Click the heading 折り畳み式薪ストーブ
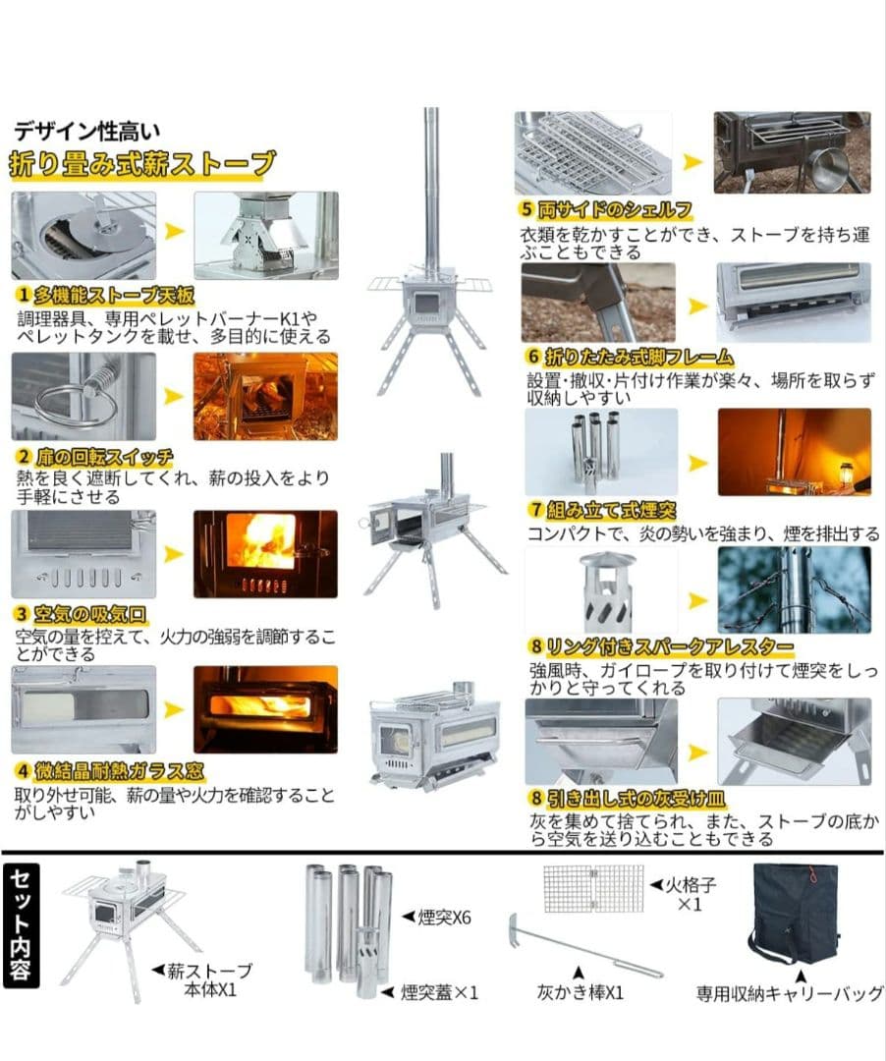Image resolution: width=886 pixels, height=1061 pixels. point(142,163)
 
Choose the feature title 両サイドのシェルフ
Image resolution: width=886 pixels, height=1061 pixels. point(606,209)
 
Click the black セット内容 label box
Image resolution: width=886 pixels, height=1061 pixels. point(22,923)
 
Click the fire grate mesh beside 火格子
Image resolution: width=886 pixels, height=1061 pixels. point(594,888)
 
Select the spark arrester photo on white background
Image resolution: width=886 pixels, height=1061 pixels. point(601,593)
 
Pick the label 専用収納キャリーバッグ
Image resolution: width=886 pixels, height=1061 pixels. point(790,993)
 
